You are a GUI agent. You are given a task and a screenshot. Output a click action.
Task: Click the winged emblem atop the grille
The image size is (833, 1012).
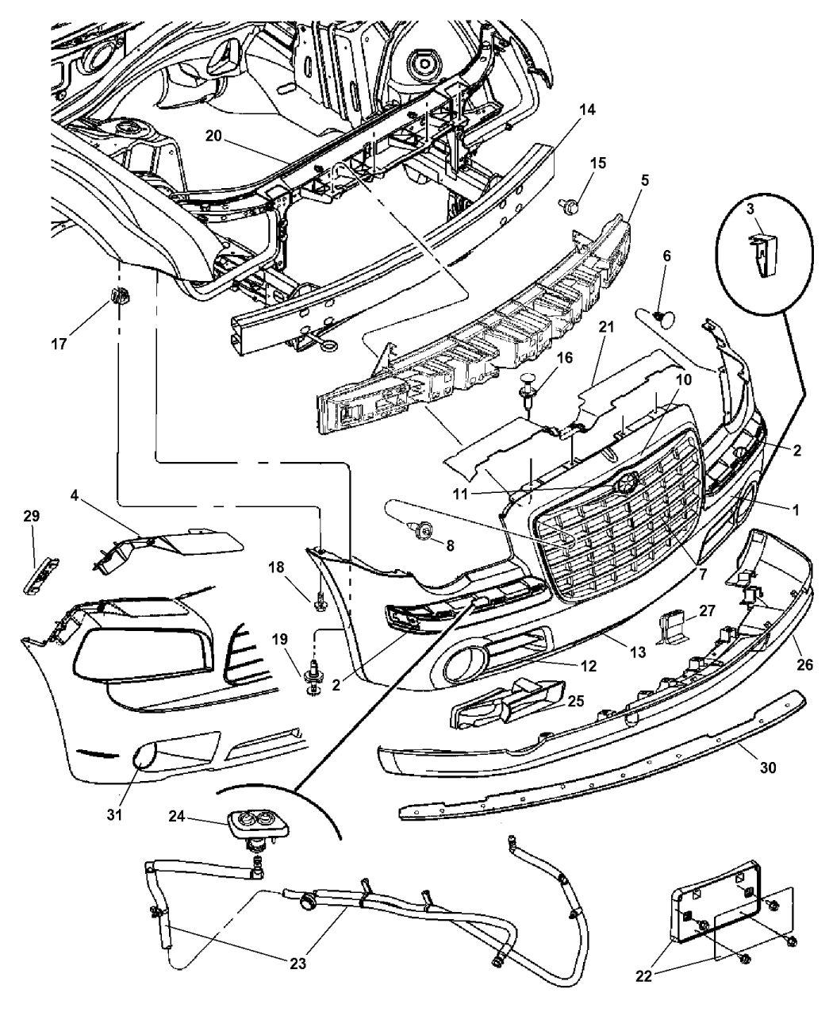click(624, 482)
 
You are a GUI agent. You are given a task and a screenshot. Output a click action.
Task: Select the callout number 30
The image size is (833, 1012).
click(767, 768)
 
